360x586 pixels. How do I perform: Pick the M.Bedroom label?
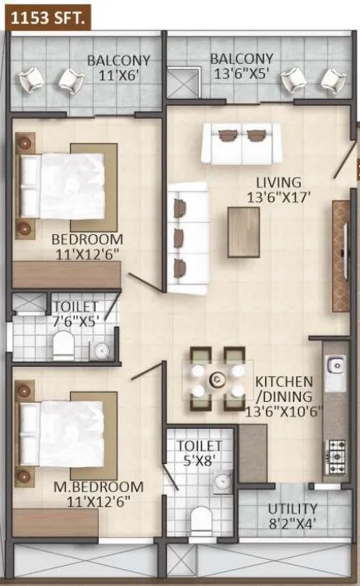click(x=97, y=487)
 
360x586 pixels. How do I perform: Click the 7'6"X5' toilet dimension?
click(x=75, y=320)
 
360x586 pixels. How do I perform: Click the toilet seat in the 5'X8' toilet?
click(x=201, y=518)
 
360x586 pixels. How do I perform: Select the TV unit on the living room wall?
click(x=341, y=256)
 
